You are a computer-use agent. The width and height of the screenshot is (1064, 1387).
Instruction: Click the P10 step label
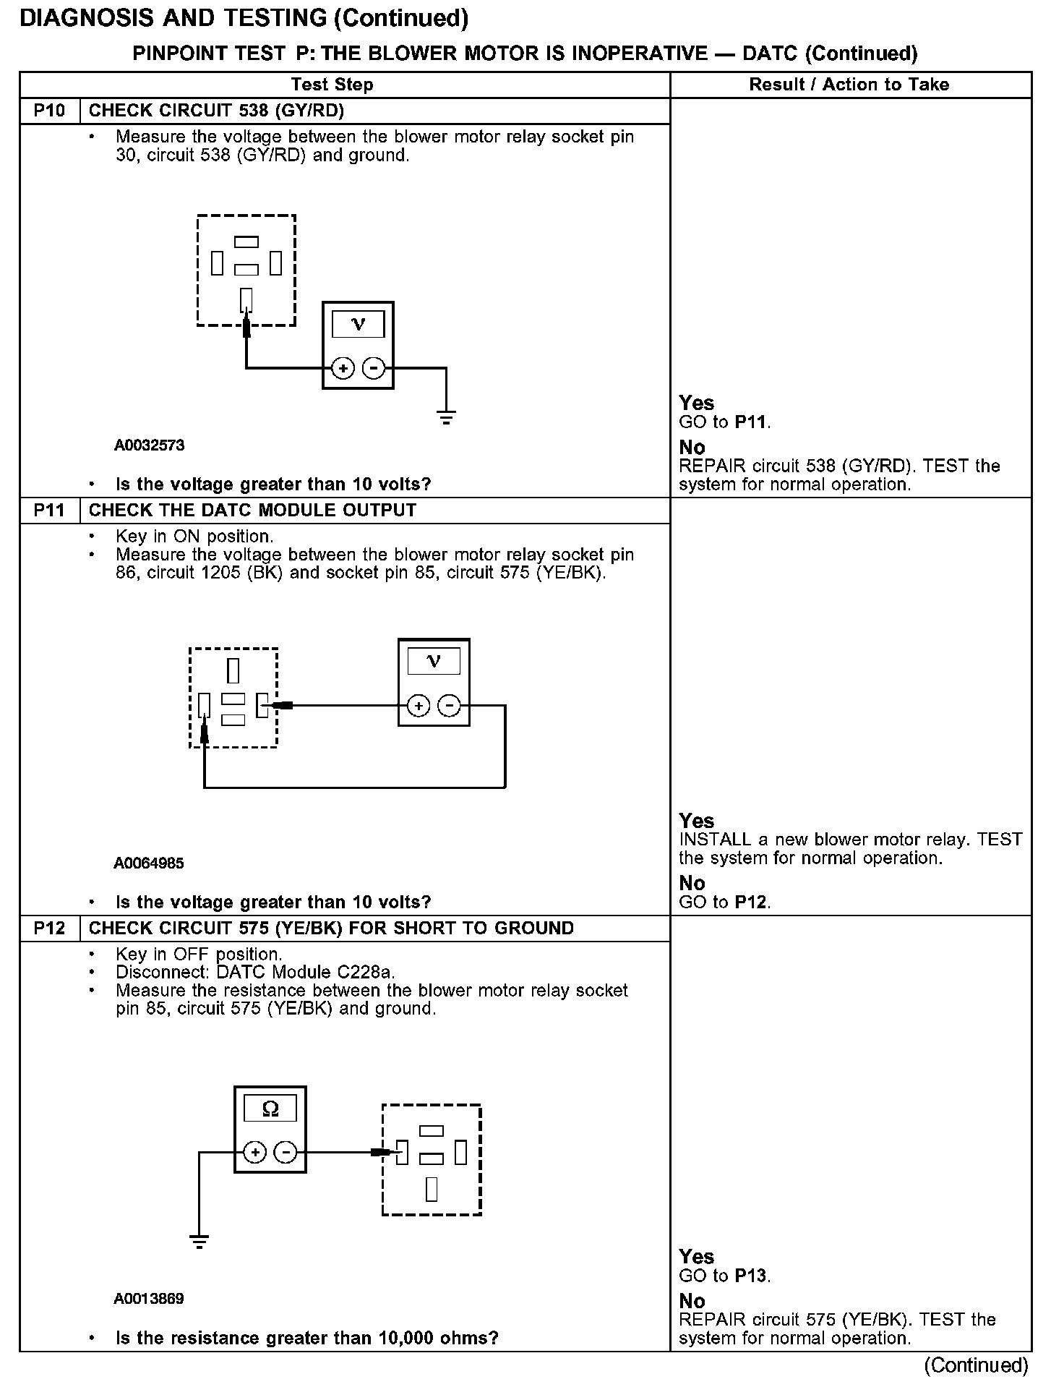pyautogui.click(x=49, y=111)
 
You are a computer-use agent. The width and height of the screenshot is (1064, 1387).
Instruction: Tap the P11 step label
pyautogui.click(x=49, y=511)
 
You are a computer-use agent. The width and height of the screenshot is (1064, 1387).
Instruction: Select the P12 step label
pyautogui.click(x=49, y=928)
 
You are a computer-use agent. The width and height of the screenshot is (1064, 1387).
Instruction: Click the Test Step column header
pyautogui.click(x=332, y=85)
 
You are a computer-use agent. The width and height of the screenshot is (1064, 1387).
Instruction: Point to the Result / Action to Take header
pyautogui.click(x=849, y=85)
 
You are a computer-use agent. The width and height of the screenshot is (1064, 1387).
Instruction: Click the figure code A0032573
pyautogui.click(x=149, y=445)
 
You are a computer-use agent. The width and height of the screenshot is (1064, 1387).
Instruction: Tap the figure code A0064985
pyautogui.click(x=149, y=863)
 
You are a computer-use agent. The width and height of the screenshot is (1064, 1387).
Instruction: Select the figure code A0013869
pyautogui.click(x=149, y=1298)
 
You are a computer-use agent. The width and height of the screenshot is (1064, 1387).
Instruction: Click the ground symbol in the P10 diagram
pyautogui.click(x=446, y=417)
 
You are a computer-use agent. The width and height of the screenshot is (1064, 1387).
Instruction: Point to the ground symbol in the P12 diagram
pyautogui.click(x=199, y=1242)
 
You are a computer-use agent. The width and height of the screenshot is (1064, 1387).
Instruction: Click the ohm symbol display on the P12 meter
pyautogui.click(x=270, y=1109)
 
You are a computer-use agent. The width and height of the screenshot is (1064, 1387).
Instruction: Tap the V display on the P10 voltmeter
pyautogui.click(x=358, y=324)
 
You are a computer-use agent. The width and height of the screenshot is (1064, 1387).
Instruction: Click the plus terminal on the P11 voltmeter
pyautogui.click(x=419, y=705)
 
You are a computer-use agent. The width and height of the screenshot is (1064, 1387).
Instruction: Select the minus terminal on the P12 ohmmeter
pyautogui.click(x=286, y=1152)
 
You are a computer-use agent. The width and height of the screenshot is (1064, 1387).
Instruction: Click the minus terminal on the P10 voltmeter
pyautogui.click(x=373, y=369)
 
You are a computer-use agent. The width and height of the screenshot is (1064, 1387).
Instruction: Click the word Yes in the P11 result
pyautogui.click(x=696, y=821)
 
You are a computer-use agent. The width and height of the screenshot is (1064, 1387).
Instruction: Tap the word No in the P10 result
pyautogui.click(x=692, y=447)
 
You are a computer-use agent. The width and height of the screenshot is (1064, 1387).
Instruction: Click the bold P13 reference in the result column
pyautogui.click(x=751, y=1276)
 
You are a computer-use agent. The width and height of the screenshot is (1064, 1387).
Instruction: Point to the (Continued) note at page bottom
pyautogui.click(x=976, y=1365)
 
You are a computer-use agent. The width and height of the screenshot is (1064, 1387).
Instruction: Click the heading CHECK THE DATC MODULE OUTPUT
pyautogui.click(x=252, y=511)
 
